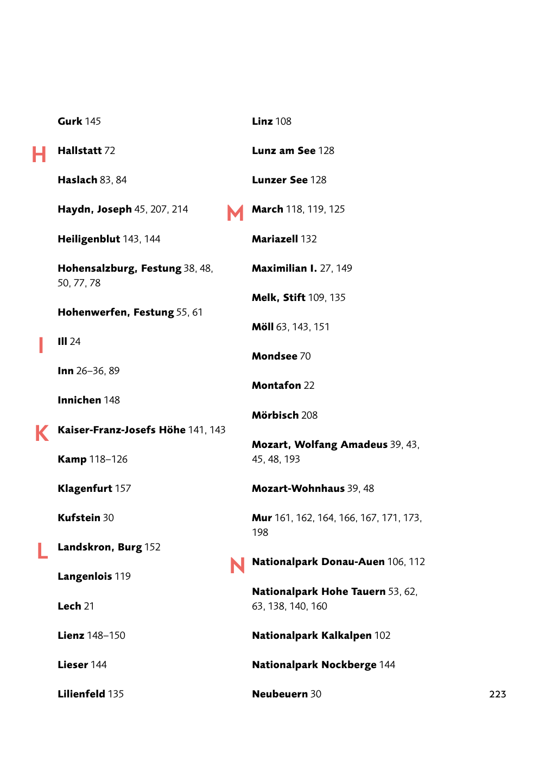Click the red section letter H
point(39,155)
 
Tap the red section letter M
point(235,213)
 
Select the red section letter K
point(42,433)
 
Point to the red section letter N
point(237,566)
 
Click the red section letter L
point(42,551)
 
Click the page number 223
point(497,694)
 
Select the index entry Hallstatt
point(79,151)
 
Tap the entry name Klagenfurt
point(85,489)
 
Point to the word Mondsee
point(274,356)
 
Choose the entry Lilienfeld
point(81,694)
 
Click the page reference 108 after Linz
point(283,121)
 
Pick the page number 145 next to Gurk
point(93,121)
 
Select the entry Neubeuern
point(280,694)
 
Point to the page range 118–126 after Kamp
point(109,459)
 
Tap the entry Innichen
point(79,400)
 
